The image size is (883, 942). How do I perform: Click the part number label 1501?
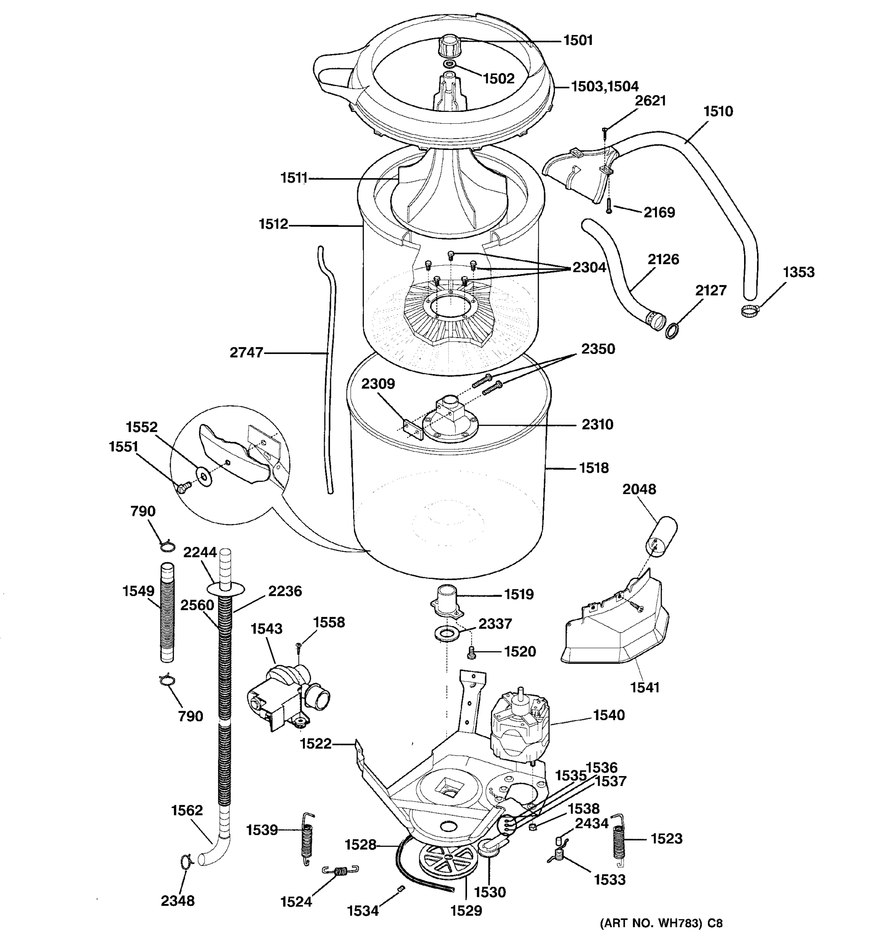tap(578, 41)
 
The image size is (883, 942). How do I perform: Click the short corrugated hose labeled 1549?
tap(167, 612)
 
